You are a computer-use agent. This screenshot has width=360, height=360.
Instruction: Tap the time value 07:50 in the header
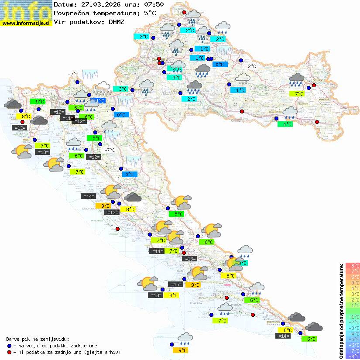click(x=154, y=5)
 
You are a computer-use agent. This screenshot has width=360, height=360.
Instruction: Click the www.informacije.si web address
click(x=26, y=23)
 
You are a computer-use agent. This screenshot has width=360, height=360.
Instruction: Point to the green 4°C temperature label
click(x=285, y=124)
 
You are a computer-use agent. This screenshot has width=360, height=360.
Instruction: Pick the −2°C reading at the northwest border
click(x=73, y=75)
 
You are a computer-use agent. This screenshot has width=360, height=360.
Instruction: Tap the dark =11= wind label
click(x=67, y=118)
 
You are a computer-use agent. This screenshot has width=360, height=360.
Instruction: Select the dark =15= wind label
click(x=176, y=285)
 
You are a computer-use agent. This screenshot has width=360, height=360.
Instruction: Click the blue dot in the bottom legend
click(x=10, y=345)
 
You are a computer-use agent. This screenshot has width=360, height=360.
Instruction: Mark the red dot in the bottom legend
click(x=10, y=352)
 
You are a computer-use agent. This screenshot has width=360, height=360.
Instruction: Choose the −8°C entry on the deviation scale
click(x=352, y=356)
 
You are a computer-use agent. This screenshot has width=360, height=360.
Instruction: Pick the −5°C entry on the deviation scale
click(x=352, y=339)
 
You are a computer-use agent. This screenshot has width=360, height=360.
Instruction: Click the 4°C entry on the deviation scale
click(x=352, y=288)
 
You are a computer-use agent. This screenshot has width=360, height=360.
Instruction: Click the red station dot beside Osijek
click(x=314, y=86)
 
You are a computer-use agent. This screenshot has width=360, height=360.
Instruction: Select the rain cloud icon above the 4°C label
click(x=290, y=113)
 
